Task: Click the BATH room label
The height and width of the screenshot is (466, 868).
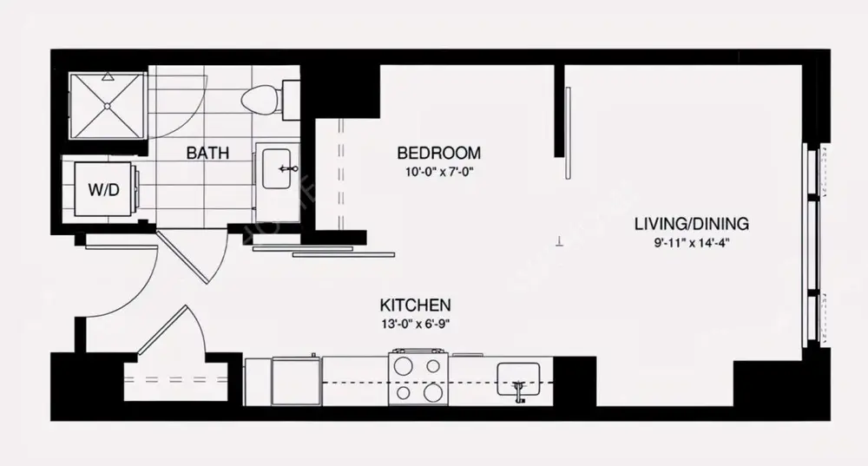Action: tap(208, 154)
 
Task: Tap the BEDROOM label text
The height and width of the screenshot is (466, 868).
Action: tap(438, 154)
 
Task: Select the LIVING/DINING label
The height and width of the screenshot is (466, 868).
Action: tap(691, 224)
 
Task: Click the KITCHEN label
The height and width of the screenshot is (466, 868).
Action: tap(414, 305)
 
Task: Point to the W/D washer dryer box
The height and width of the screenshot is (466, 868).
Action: tap(102, 188)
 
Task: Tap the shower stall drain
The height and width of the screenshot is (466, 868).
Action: tap(108, 105)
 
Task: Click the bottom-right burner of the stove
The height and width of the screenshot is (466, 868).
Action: tap(432, 392)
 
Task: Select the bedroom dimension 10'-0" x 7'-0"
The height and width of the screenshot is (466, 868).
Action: tap(438, 171)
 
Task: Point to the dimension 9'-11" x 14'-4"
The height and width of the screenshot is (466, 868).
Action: tap(691, 242)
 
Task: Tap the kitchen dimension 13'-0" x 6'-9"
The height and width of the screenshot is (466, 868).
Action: tap(414, 324)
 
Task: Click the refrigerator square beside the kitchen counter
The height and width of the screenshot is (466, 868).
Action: tap(296, 382)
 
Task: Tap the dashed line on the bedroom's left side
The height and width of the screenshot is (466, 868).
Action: tap(339, 174)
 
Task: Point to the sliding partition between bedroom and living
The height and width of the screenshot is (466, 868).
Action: tap(564, 130)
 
